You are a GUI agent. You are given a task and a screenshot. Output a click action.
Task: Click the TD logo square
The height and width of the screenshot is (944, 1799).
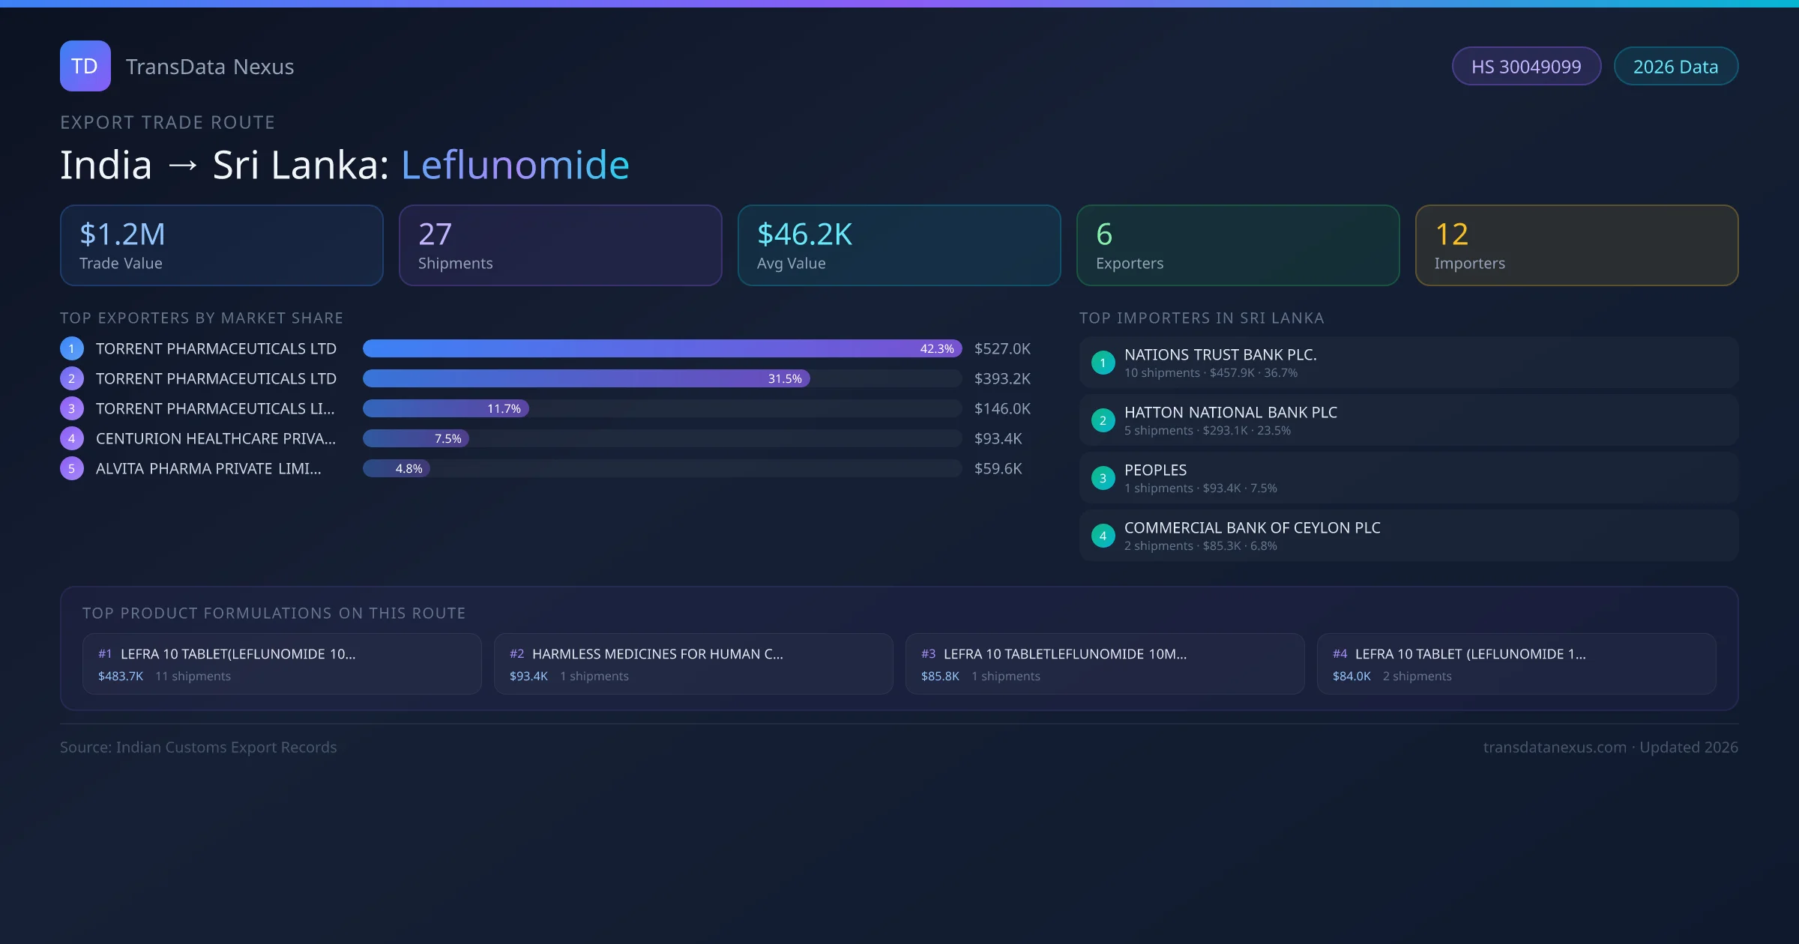point(85,66)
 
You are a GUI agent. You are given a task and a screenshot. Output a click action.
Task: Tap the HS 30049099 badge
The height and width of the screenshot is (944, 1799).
point(1526,67)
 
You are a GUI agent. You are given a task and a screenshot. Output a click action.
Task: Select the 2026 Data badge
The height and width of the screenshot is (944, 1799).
point(1675,67)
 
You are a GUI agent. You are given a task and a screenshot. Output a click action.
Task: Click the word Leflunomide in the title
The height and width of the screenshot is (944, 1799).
point(515,165)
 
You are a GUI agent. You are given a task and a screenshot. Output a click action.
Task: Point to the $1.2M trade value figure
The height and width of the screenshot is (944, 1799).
point(122,235)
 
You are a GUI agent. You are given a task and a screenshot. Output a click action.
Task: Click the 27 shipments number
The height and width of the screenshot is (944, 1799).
point(435,235)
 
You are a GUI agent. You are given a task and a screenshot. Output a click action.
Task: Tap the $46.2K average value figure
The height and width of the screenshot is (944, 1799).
point(804,235)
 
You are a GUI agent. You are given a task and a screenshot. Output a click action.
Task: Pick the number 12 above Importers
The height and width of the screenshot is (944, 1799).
point(1451,235)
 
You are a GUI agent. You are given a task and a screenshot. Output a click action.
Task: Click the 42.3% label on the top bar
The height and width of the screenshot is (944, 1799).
point(936,348)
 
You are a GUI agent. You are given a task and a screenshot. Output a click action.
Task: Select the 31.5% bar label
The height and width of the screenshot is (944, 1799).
point(784,378)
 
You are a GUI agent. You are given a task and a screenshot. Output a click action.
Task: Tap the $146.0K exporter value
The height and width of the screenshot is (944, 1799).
point(1002,408)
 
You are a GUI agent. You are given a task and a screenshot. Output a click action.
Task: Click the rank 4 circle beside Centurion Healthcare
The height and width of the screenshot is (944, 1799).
point(72,438)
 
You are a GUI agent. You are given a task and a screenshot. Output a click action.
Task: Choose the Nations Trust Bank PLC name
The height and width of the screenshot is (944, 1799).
point(1220,354)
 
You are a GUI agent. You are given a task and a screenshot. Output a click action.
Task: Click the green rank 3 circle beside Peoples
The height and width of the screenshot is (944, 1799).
point(1103,478)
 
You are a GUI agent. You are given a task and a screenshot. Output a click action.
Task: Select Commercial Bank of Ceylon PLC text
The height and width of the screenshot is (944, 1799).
point(1252,527)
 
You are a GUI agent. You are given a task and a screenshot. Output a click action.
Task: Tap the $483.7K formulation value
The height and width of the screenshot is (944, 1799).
point(121,676)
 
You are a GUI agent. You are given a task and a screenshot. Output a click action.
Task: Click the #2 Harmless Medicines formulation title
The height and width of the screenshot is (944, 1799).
point(657,654)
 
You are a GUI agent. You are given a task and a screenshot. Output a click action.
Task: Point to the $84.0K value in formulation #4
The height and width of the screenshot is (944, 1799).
point(1351,676)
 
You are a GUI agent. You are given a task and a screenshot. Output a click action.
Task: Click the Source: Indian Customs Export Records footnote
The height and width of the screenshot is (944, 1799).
point(199,747)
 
